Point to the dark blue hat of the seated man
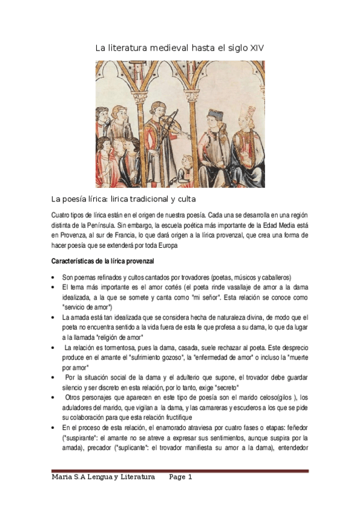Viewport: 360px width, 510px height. click(x=213, y=114)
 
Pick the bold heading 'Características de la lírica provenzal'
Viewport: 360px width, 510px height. click(x=103, y=262)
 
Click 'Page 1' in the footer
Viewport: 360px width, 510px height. click(x=180, y=477)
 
